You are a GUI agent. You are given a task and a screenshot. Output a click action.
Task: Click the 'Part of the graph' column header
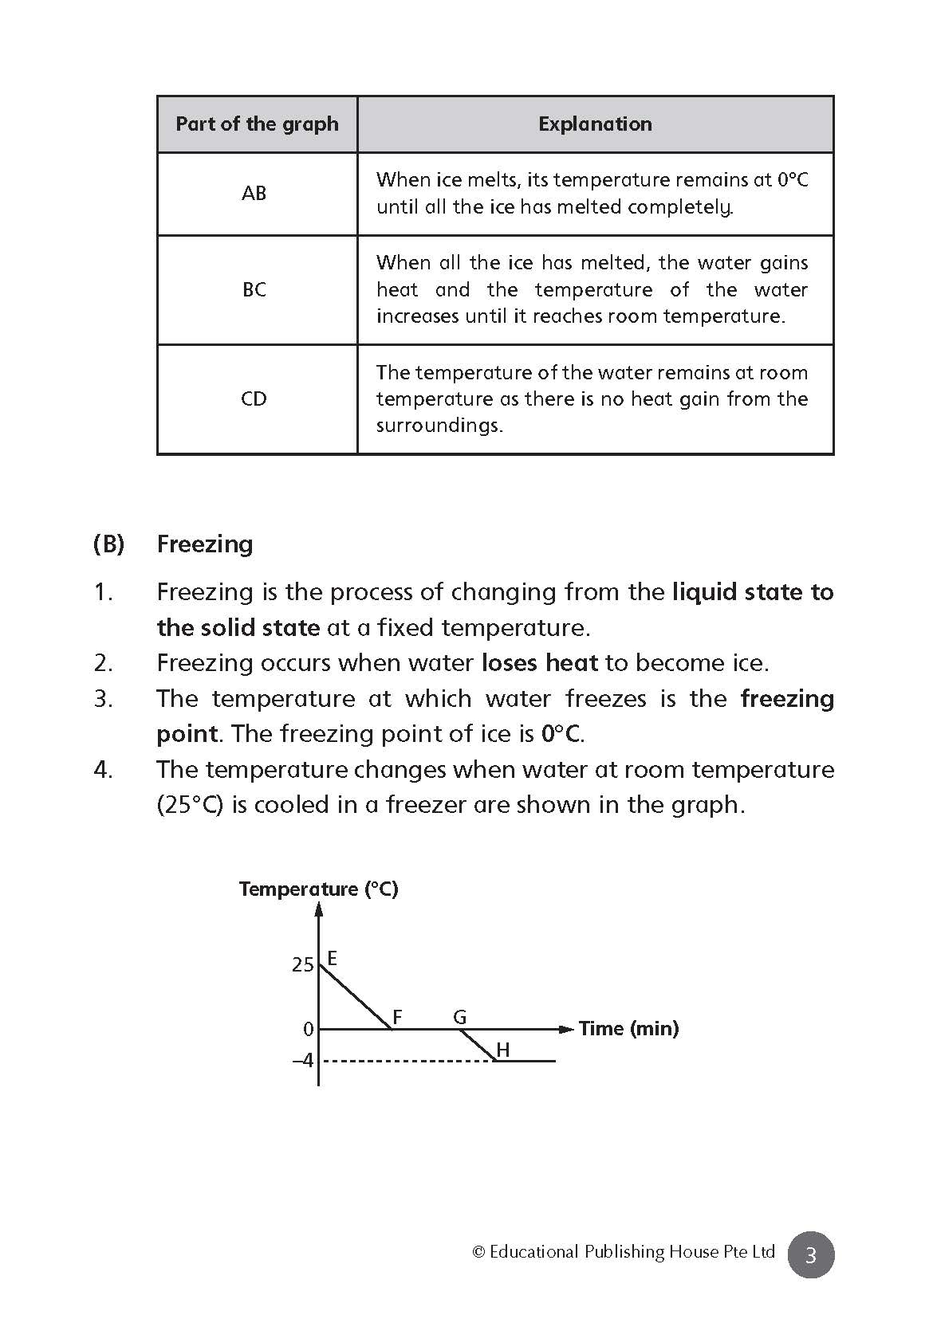point(257,124)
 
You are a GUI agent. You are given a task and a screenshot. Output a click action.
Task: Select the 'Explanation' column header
point(595,124)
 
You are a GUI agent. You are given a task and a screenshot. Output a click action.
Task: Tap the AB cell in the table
point(254,194)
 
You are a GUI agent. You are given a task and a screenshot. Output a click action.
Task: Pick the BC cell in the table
point(254,289)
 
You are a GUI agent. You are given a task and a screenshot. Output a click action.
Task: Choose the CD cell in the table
point(254,398)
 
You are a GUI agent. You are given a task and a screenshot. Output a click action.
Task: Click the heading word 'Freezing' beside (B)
point(205,544)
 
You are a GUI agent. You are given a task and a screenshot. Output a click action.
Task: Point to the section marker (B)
point(108,544)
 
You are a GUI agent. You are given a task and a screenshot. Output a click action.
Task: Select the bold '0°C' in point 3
point(561,734)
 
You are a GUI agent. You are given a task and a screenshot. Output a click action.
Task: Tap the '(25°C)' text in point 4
point(190,805)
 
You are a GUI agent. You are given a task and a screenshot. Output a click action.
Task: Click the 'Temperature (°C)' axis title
point(318,889)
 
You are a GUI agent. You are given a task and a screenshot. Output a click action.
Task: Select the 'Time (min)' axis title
point(629,1029)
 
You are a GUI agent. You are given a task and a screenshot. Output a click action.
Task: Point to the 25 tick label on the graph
point(303,965)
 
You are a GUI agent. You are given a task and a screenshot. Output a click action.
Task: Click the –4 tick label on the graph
point(303,1062)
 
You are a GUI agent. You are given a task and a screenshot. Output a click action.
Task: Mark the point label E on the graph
point(333,958)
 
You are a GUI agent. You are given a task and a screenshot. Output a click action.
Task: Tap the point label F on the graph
point(397,1017)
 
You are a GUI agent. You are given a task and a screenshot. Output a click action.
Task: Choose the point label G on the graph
point(460,1017)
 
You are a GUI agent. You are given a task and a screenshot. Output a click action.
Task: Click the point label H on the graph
point(503,1050)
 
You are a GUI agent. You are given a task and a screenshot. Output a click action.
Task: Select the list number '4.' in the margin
point(104,770)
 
